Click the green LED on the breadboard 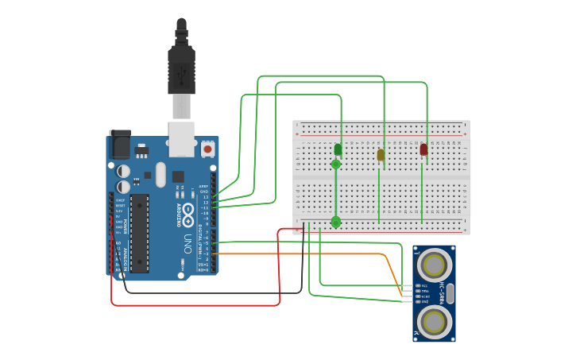338,149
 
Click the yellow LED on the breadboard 381,155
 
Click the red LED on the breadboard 423,149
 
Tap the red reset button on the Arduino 207,149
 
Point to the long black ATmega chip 139,233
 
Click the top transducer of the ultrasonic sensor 434,264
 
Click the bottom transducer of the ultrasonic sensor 434,322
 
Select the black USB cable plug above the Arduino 181,72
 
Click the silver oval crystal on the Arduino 161,174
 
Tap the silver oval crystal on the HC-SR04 450,293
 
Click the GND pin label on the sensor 424,302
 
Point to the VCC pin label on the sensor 424,285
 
